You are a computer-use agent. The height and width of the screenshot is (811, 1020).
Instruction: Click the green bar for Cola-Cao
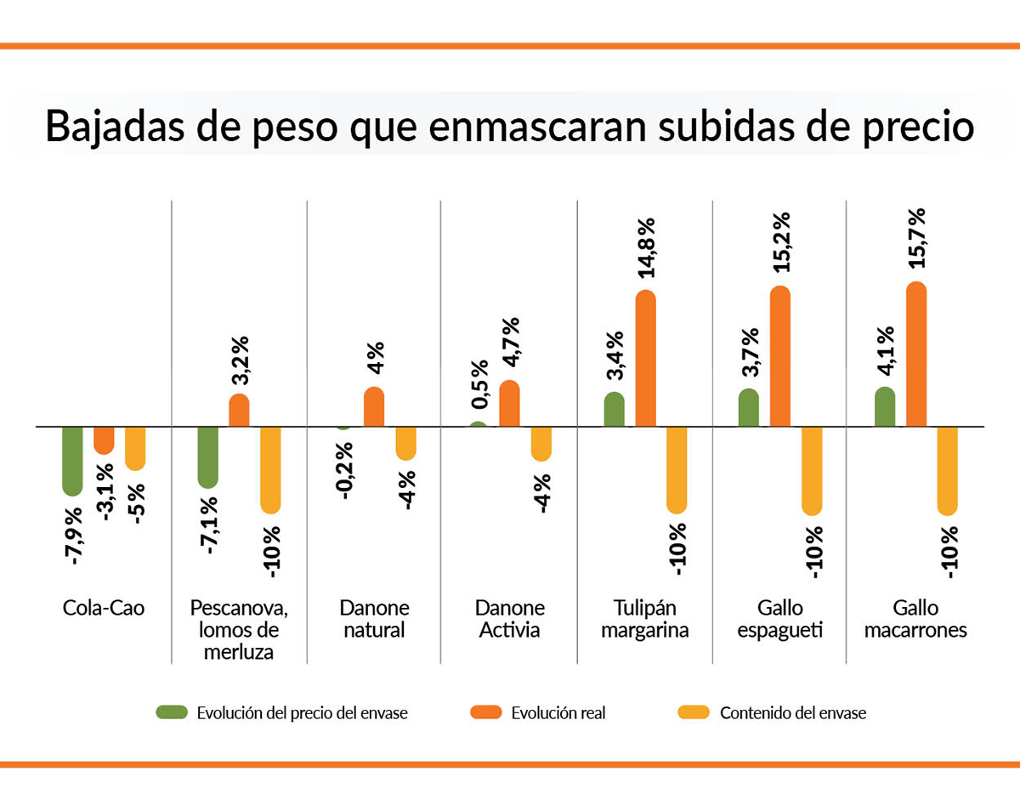tap(72, 460)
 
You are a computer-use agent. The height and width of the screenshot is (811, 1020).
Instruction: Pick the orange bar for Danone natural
tap(374, 407)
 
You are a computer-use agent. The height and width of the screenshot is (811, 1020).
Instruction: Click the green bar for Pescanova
tap(207, 457)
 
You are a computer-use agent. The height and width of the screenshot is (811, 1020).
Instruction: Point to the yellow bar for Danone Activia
tap(541, 443)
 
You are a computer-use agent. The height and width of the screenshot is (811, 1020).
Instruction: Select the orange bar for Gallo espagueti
tap(780, 356)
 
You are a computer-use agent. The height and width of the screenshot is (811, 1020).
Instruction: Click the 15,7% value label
tap(916, 239)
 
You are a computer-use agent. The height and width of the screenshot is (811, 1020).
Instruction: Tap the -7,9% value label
tap(73, 536)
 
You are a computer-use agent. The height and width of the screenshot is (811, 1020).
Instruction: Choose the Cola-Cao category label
tap(104, 609)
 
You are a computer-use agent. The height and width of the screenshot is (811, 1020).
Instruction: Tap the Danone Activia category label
tap(509, 620)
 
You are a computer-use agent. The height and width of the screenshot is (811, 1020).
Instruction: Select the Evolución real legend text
tap(558, 713)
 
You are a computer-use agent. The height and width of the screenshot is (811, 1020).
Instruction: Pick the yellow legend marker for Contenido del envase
tap(693, 712)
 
